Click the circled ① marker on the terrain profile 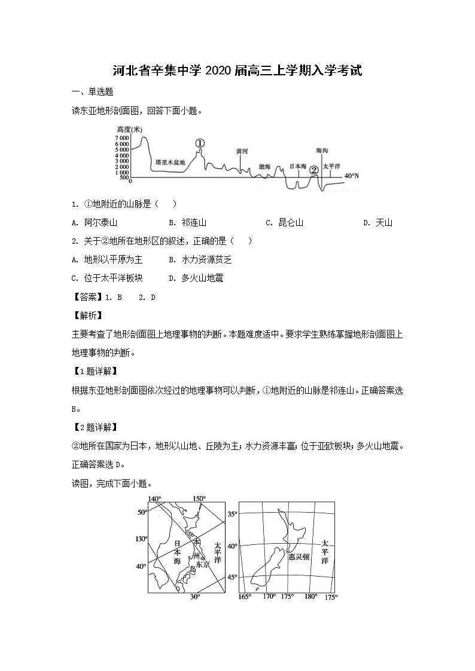tap(200, 143)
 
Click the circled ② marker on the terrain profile tap(313, 170)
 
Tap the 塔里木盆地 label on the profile tap(170, 162)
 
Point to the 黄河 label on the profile tap(242, 152)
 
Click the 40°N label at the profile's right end tap(352, 176)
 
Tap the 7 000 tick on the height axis tap(122, 138)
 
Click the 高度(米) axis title tap(130, 130)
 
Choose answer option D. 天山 tap(378, 223)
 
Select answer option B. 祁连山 tap(188, 223)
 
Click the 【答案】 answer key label tap(87, 297)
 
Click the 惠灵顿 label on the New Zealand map tap(299, 556)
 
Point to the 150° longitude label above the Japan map tap(199, 499)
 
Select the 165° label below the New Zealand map tap(245, 597)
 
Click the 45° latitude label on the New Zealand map tap(232, 577)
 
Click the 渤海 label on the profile tap(264, 167)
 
